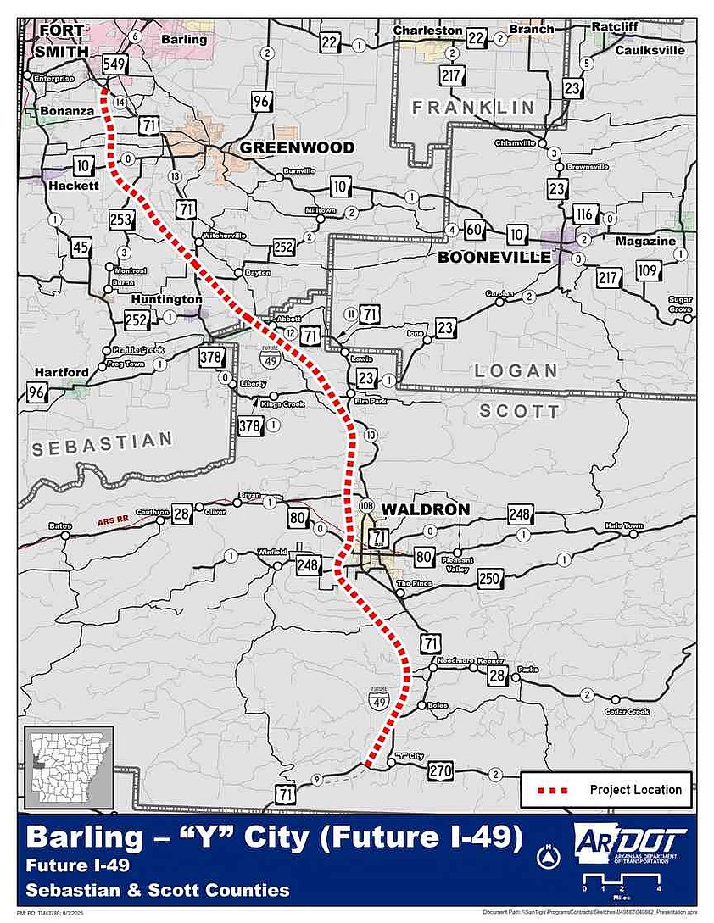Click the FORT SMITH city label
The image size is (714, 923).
click(x=62, y=40)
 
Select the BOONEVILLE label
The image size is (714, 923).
click(x=494, y=257)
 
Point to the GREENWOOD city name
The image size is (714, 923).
click(x=297, y=147)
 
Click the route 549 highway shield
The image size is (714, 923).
click(x=114, y=64)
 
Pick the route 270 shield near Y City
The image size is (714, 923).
click(x=440, y=771)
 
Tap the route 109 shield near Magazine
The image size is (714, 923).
click(x=648, y=272)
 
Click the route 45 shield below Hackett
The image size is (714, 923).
click(x=81, y=247)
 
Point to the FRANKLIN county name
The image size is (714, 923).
click(x=473, y=107)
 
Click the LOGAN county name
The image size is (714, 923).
click(x=516, y=370)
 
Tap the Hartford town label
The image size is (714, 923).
click(x=61, y=372)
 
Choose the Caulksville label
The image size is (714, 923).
click(x=649, y=50)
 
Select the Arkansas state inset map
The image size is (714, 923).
click(x=70, y=768)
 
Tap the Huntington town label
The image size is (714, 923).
click(x=166, y=299)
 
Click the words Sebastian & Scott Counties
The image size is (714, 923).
click(x=157, y=890)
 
